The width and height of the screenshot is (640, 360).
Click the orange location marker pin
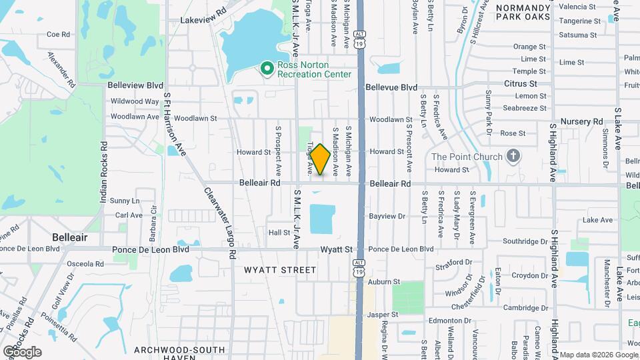320,159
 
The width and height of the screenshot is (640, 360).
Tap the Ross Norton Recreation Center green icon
267,68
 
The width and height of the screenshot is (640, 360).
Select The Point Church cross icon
512,157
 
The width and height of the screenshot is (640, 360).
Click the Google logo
22,352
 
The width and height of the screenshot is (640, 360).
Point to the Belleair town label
70,237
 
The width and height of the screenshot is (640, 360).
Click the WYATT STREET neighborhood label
280,270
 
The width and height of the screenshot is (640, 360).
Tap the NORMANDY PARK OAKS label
523,11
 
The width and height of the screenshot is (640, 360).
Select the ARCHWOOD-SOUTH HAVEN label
175,354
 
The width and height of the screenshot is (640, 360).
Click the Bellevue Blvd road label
391,87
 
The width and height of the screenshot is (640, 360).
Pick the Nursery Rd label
581,121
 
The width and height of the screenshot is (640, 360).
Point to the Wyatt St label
336,249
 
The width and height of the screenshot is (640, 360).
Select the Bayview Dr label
387,216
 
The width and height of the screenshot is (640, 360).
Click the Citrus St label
521,83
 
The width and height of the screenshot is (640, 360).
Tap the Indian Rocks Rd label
104,172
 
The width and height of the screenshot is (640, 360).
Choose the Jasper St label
382,314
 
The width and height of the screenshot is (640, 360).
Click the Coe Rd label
59,34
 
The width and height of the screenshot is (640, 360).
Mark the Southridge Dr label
525,241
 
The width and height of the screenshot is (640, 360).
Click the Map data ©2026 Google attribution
598,355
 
